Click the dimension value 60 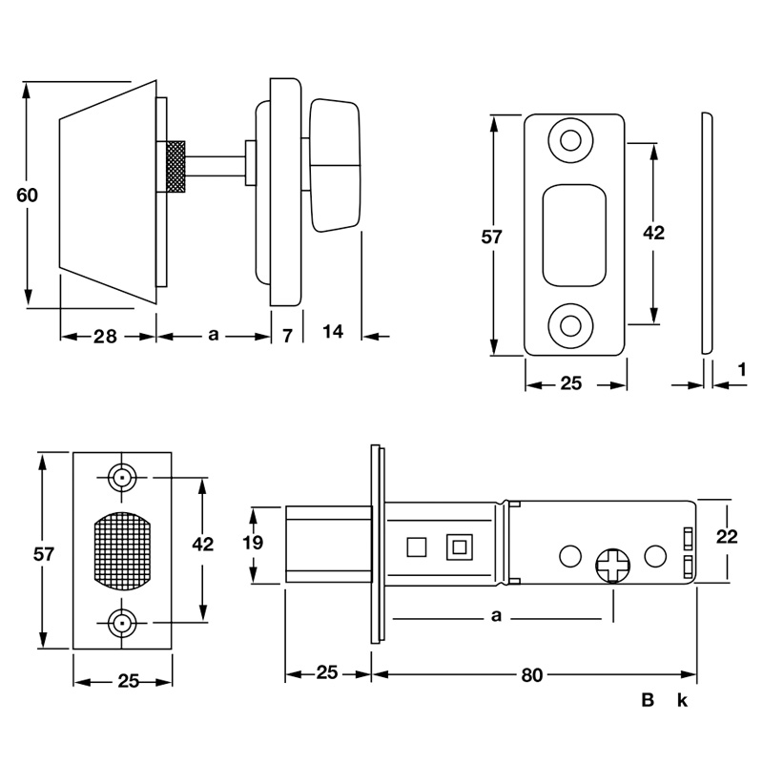point(27,196)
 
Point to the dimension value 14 point(333,332)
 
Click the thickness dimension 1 point(741,368)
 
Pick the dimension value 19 point(250,544)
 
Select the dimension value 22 point(726,537)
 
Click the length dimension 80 point(532,675)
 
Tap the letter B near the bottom point(648,701)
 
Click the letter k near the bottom point(682,701)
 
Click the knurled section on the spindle point(175,167)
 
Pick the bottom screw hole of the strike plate point(570,324)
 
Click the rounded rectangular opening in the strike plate point(574,235)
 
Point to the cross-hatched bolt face point(122,550)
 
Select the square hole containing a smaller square point(459,546)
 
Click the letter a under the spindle point(214,335)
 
